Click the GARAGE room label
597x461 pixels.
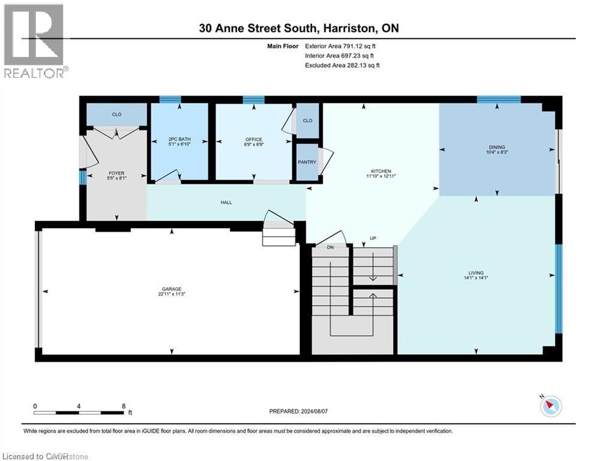coord(171,289)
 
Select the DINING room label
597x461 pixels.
coord(497,147)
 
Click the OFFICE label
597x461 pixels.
coord(254,140)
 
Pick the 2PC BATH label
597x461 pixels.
coord(179,140)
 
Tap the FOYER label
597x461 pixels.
coord(116,173)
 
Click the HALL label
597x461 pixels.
coord(226,202)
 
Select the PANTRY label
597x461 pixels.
coord(307,162)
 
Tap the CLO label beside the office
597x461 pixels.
coord(307,121)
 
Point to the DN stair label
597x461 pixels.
coord(330,247)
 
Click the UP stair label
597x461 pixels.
coord(373,238)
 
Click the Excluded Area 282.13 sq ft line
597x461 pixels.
coord(342,65)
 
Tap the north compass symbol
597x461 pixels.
coord(550,406)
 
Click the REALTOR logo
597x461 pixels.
coord(34,41)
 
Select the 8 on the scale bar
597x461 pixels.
coord(124,406)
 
